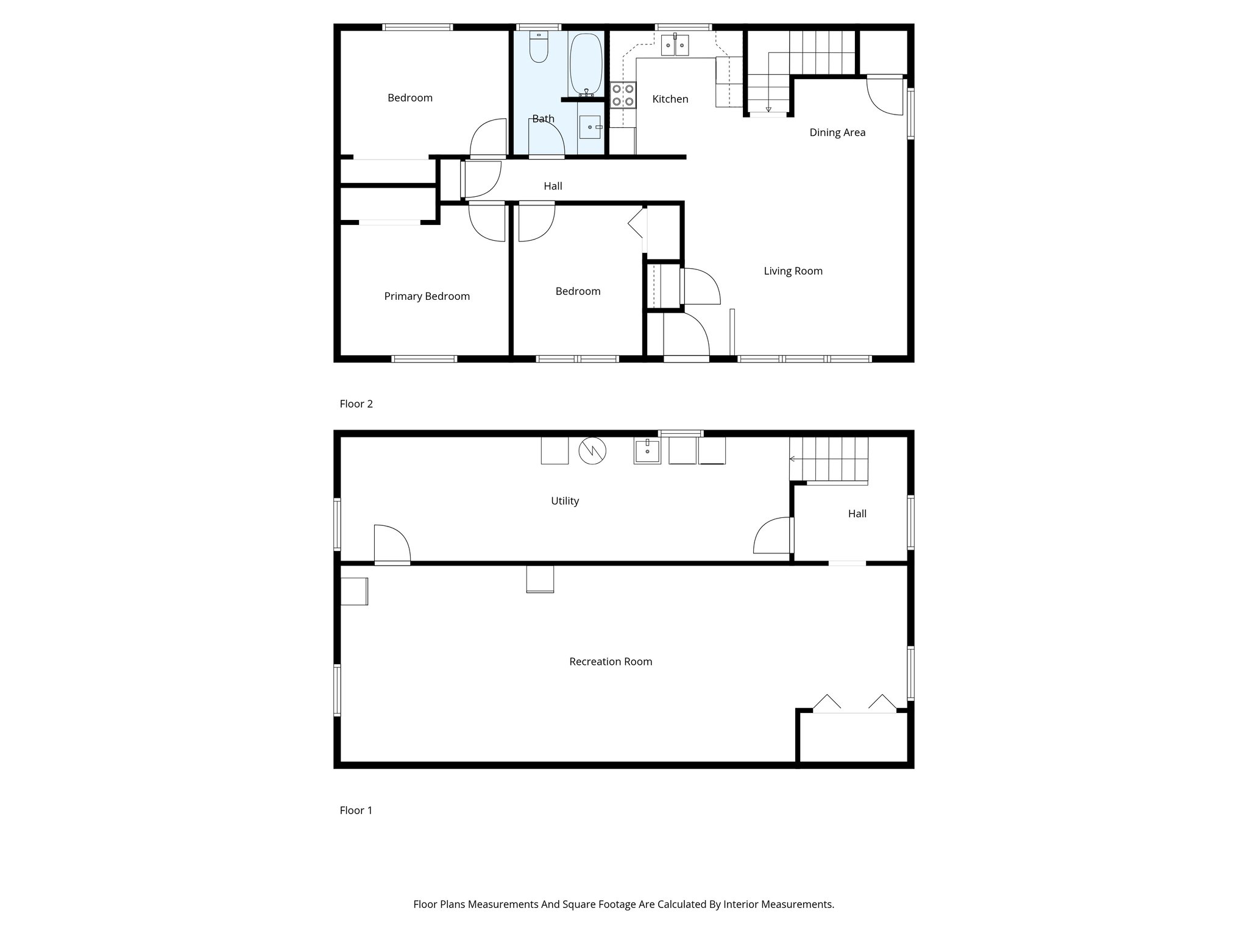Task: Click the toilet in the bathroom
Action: click(539, 48)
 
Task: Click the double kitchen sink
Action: click(675, 45)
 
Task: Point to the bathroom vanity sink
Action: click(590, 127)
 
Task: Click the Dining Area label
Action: click(837, 132)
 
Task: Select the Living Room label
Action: click(793, 271)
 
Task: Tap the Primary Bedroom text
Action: click(427, 296)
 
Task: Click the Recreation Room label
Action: click(611, 661)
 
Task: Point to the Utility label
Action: click(564, 501)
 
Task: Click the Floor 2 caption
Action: click(356, 403)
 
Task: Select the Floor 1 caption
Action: click(356, 810)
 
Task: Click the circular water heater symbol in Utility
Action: click(592, 451)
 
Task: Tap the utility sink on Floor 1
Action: click(647, 452)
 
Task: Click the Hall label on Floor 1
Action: click(857, 514)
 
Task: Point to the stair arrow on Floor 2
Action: click(768, 108)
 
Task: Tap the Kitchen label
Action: click(670, 99)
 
